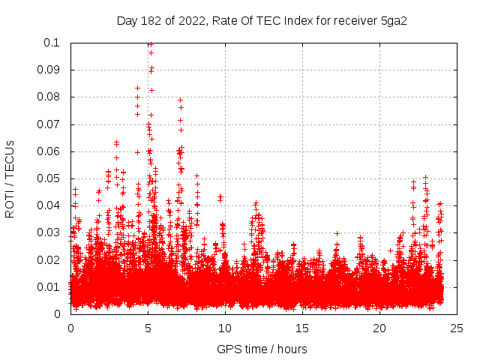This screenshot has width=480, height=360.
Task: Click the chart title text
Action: pyautogui.click(x=262, y=20)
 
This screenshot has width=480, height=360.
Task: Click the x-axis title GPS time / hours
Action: pyautogui.click(x=262, y=349)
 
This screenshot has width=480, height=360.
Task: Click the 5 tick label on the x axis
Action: pyautogui.click(x=148, y=328)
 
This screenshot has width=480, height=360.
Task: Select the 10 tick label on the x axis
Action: pyautogui.click(x=225, y=328)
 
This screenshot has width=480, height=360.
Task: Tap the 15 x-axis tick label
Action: pyautogui.click(x=302, y=328)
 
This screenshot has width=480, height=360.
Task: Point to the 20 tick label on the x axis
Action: pyautogui.click(x=379, y=328)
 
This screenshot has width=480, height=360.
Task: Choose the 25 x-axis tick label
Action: pyautogui.click(x=457, y=328)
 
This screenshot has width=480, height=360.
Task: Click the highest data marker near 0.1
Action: pyautogui.click(x=150, y=44)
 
